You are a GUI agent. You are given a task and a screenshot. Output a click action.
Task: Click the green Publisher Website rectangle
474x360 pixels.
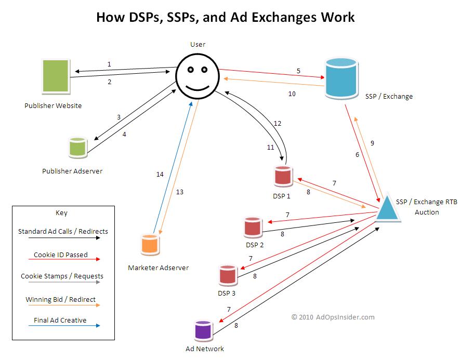56,78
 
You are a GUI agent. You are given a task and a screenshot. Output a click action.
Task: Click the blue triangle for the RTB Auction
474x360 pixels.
387,208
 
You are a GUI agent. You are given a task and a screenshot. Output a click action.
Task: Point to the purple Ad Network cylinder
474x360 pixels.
202,329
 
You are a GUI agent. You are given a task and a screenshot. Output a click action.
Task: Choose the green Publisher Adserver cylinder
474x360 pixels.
78,148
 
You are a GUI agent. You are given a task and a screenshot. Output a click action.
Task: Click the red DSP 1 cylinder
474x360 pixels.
283,177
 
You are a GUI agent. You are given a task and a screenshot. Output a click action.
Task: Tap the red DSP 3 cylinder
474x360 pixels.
228,275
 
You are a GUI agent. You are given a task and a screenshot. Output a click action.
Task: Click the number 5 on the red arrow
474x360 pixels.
298,71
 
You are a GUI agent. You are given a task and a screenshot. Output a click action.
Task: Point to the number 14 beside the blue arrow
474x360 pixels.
160,175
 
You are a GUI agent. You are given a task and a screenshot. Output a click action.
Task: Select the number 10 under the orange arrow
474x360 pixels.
292,94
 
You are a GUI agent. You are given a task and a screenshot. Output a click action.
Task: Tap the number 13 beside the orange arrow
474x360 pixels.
179,192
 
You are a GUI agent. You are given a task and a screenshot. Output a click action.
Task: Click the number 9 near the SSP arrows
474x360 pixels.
372,143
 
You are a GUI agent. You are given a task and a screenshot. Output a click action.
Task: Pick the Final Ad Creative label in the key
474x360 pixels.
60,320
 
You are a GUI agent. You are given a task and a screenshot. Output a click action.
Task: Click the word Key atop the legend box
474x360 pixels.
61,213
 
